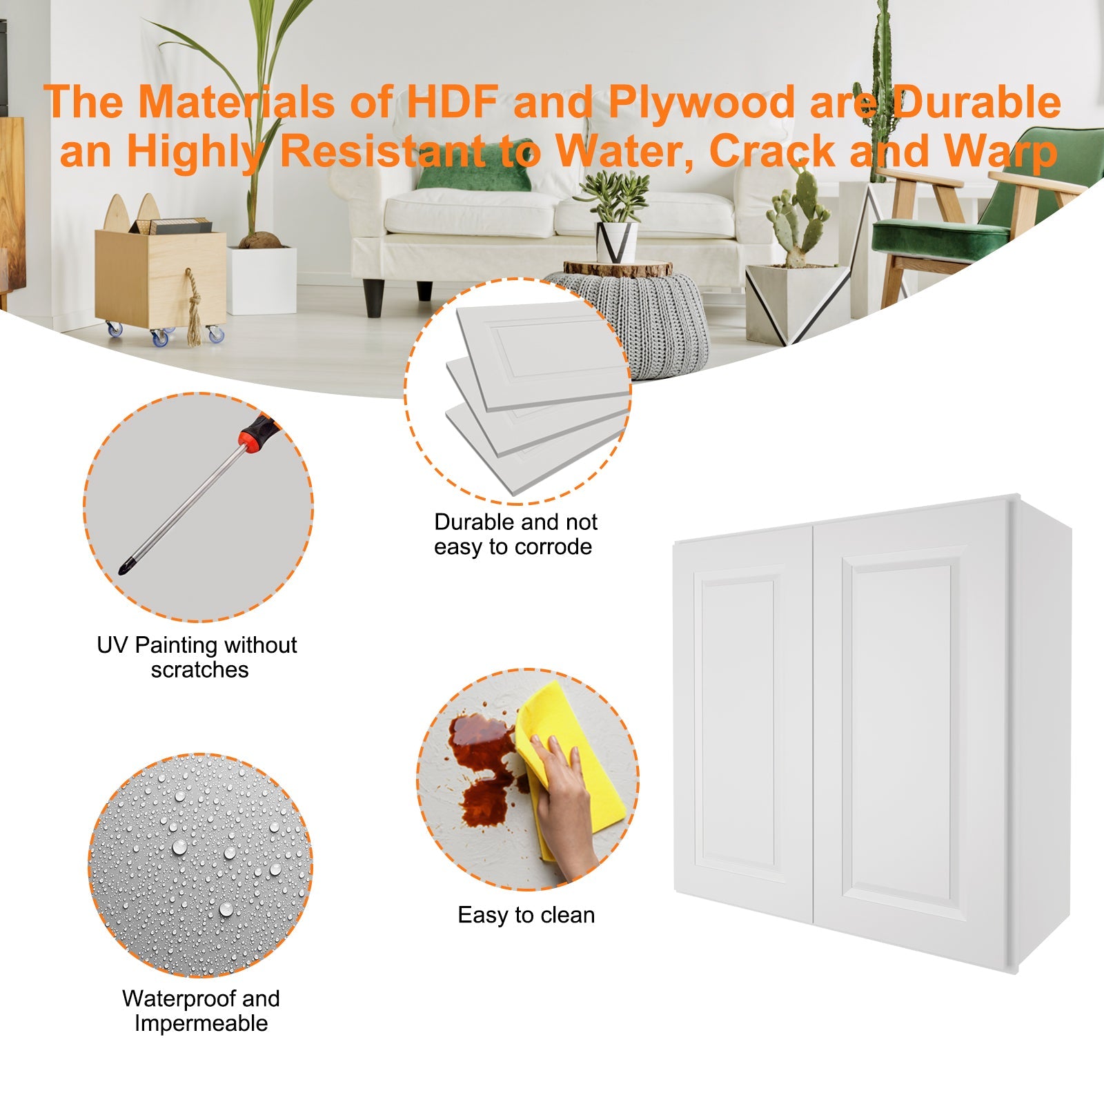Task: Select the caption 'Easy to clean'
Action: click(526, 915)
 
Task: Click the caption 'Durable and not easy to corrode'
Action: click(515, 534)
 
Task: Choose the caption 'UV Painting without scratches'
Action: click(197, 657)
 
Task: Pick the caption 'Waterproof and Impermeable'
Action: click(201, 1011)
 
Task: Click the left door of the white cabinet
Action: click(742, 724)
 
